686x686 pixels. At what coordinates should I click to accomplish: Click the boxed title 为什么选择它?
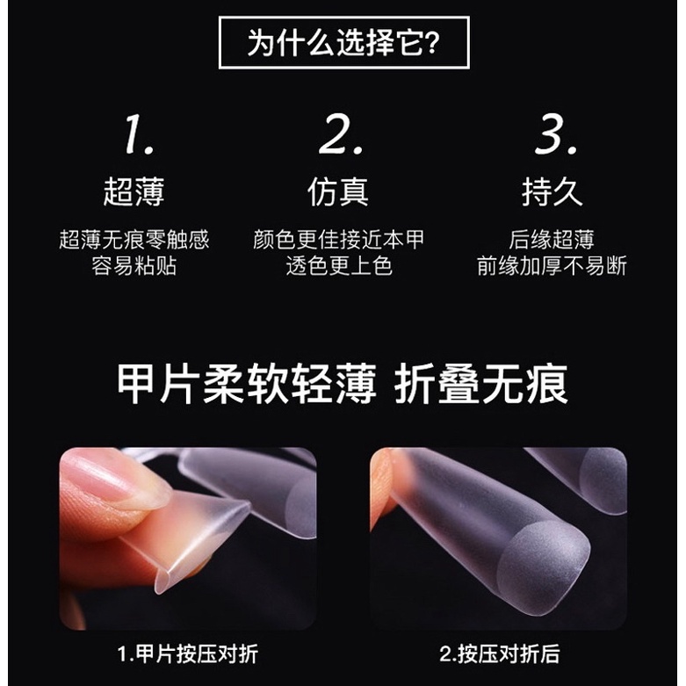[x=343, y=42]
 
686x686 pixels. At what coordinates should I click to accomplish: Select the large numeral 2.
[x=341, y=134]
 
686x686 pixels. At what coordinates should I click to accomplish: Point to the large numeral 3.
[x=556, y=134]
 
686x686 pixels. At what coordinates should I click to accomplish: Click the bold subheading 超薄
[x=134, y=191]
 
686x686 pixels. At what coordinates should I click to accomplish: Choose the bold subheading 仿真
[x=338, y=191]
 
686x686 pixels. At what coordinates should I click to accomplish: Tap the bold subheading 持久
[x=552, y=191]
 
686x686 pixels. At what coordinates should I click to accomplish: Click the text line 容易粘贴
[x=134, y=266]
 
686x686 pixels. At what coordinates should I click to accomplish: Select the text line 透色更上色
[x=339, y=266]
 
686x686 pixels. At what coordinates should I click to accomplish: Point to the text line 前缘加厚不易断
[x=552, y=266]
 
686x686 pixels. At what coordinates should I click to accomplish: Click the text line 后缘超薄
[x=552, y=240]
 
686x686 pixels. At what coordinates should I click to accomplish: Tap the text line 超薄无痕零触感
[x=134, y=240]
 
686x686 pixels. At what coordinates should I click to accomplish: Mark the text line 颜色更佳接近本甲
[x=339, y=240]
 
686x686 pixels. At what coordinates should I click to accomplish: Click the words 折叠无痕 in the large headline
[x=481, y=385]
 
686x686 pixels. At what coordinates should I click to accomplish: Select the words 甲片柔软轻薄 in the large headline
[x=247, y=385]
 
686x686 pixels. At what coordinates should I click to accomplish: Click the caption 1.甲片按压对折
[x=188, y=654]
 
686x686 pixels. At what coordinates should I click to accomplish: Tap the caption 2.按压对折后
[x=500, y=654]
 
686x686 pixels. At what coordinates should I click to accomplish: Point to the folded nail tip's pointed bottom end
[x=160, y=590]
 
